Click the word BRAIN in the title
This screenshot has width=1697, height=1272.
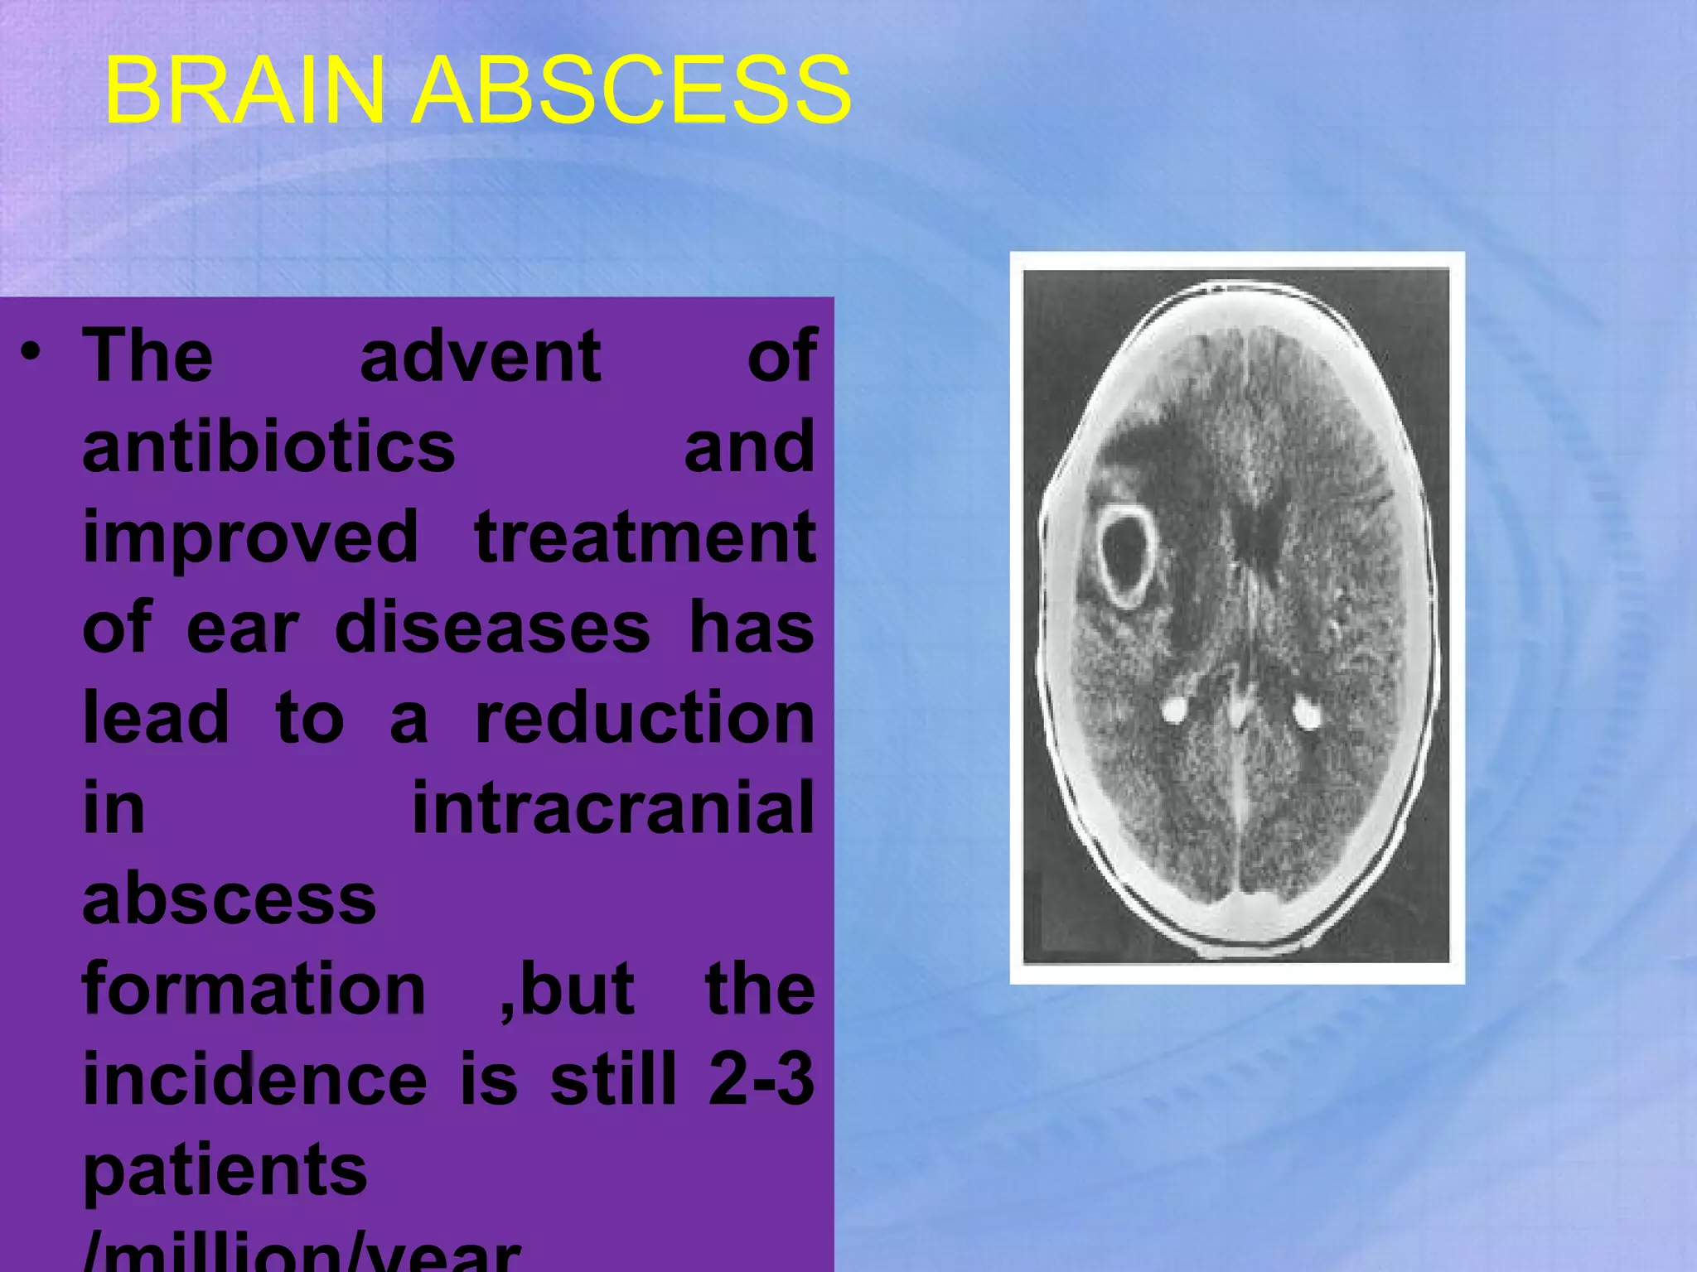pyautogui.click(x=244, y=89)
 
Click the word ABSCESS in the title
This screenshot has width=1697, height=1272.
pyautogui.click(x=631, y=89)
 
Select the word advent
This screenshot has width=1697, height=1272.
pyautogui.click(x=481, y=356)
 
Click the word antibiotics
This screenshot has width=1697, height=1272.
pyautogui.click(x=268, y=447)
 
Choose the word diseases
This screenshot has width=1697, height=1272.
pyautogui.click(x=492, y=628)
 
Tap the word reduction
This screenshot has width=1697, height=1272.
pyautogui.click(x=645, y=718)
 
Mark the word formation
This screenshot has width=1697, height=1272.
pyautogui.click(x=254, y=989)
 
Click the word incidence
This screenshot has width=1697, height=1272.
pyautogui.click(x=255, y=1079)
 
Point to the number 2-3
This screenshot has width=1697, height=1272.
pyautogui.click(x=761, y=1079)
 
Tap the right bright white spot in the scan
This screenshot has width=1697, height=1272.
pyautogui.click(x=1307, y=713)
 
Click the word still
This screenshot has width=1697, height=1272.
pyautogui.click(x=614, y=1079)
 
